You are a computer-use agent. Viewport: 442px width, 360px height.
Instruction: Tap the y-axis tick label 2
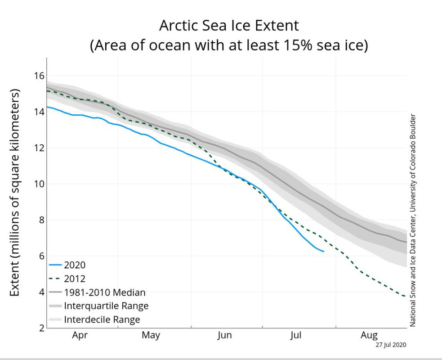point(40,328)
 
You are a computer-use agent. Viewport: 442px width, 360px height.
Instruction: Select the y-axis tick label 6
point(40,256)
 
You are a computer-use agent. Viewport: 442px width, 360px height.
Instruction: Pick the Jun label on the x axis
point(224,335)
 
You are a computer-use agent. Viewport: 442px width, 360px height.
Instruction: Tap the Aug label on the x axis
point(369,335)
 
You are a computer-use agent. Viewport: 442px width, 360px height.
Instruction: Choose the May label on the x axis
point(151,335)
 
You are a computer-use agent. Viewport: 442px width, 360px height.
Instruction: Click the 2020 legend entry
point(75,265)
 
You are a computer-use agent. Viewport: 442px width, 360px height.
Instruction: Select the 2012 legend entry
point(75,279)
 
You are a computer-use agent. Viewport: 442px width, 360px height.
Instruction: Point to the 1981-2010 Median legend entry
point(105,292)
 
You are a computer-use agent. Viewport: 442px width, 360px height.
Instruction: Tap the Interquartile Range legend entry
point(106,306)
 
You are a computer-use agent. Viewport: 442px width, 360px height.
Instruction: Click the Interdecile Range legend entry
point(102,320)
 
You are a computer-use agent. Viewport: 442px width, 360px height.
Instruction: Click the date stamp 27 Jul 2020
point(391,345)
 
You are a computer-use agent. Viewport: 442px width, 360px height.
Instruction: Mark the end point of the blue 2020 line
point(323,251)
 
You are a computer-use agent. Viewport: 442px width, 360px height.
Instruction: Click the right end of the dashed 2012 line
point(406,296)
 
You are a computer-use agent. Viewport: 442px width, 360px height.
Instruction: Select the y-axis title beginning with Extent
point(15,193)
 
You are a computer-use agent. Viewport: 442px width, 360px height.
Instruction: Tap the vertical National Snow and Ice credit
point(413,220)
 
